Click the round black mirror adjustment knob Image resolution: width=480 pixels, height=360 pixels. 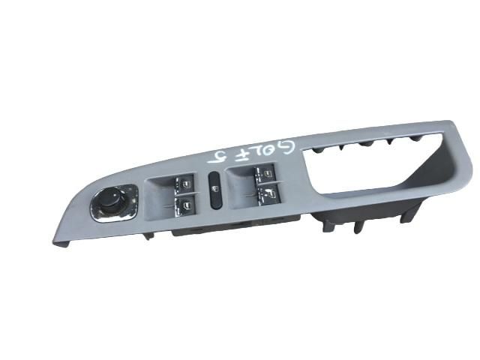pos(111,202)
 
